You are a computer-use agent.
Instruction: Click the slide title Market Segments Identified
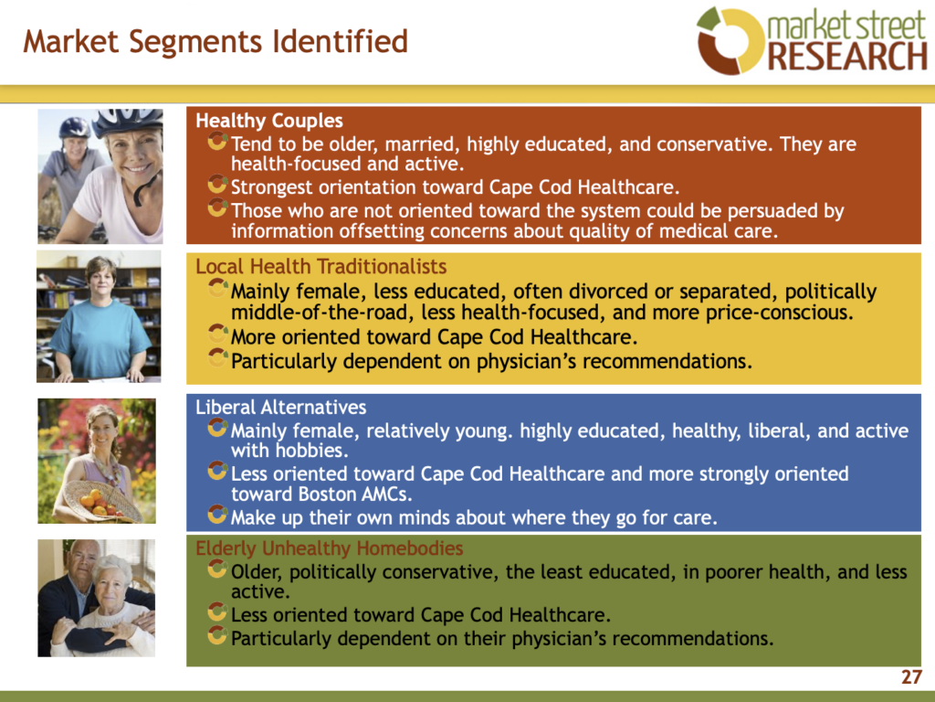215,42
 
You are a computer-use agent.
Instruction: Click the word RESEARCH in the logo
847,56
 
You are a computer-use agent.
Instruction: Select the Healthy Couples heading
269,121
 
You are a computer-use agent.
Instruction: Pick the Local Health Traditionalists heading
320,266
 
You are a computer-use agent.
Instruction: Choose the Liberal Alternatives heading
281,407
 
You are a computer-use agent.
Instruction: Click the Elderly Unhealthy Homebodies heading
329,548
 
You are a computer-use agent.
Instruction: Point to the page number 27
912,677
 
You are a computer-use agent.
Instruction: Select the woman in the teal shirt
100,320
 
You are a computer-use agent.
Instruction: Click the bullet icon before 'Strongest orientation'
217,185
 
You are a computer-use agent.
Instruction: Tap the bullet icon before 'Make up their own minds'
217,515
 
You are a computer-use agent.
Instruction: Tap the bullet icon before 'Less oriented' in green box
217,612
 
